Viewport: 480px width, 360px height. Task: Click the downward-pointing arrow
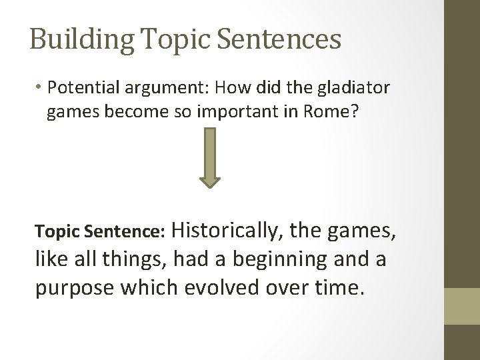click(209, 157)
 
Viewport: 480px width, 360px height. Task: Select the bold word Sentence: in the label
click(133, 231)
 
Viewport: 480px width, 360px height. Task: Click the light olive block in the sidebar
click(462, 306)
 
